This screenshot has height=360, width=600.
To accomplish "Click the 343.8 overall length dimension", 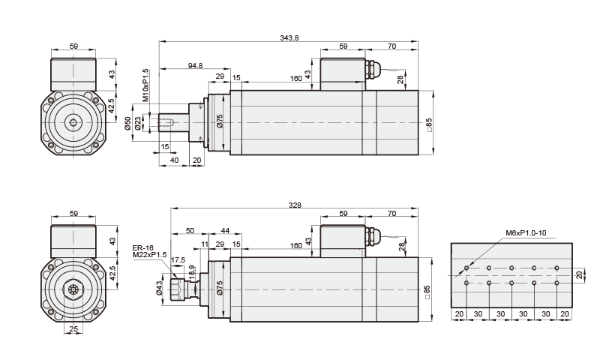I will coord(289,37).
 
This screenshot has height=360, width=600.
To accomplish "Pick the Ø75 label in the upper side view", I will coord(220,121).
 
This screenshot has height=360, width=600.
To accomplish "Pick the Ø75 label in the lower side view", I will coord(220,289).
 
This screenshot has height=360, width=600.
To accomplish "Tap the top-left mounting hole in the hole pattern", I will coord(466,268).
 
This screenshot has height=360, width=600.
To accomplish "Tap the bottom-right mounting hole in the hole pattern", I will coord(556,283).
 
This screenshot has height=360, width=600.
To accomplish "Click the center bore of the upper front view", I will coord(73,122).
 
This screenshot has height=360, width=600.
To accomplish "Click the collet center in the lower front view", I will coord(73,289).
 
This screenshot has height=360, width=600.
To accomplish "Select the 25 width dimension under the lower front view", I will coord(73,328).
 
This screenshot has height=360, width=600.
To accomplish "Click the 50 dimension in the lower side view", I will coord(190,229).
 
